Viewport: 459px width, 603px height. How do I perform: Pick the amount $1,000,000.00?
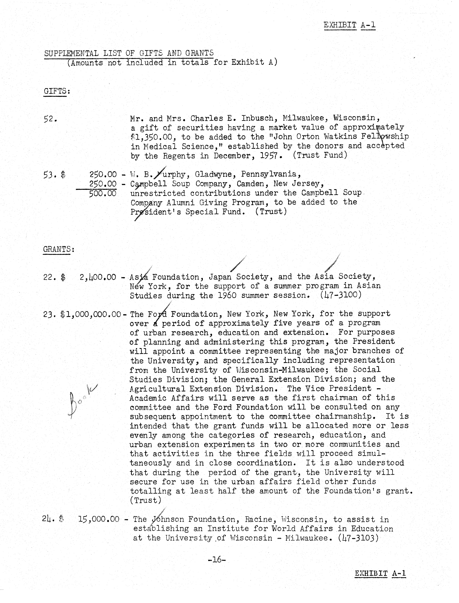91,314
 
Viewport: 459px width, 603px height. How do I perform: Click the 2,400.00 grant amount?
98,277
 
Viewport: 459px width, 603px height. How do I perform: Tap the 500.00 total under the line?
103,193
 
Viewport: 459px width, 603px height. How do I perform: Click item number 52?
50,119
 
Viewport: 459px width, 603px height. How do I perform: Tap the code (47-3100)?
341,295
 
